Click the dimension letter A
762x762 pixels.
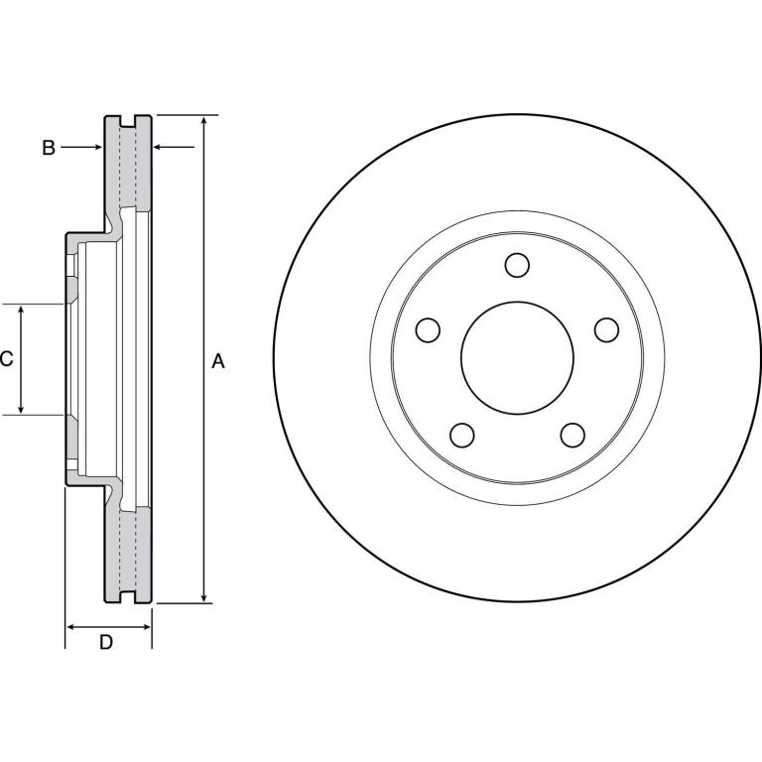[218, 361]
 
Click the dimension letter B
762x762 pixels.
[49, 148]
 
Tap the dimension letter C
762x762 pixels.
[6, 359]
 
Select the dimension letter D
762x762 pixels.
[106, 643]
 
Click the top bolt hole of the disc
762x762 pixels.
[517, 265]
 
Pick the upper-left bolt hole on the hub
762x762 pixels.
[429, 330]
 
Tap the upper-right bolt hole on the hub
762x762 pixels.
[606, 330]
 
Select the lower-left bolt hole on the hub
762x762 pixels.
[462, 435]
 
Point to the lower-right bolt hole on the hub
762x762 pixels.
[572, 435]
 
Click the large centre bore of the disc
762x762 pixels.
[517, 357]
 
